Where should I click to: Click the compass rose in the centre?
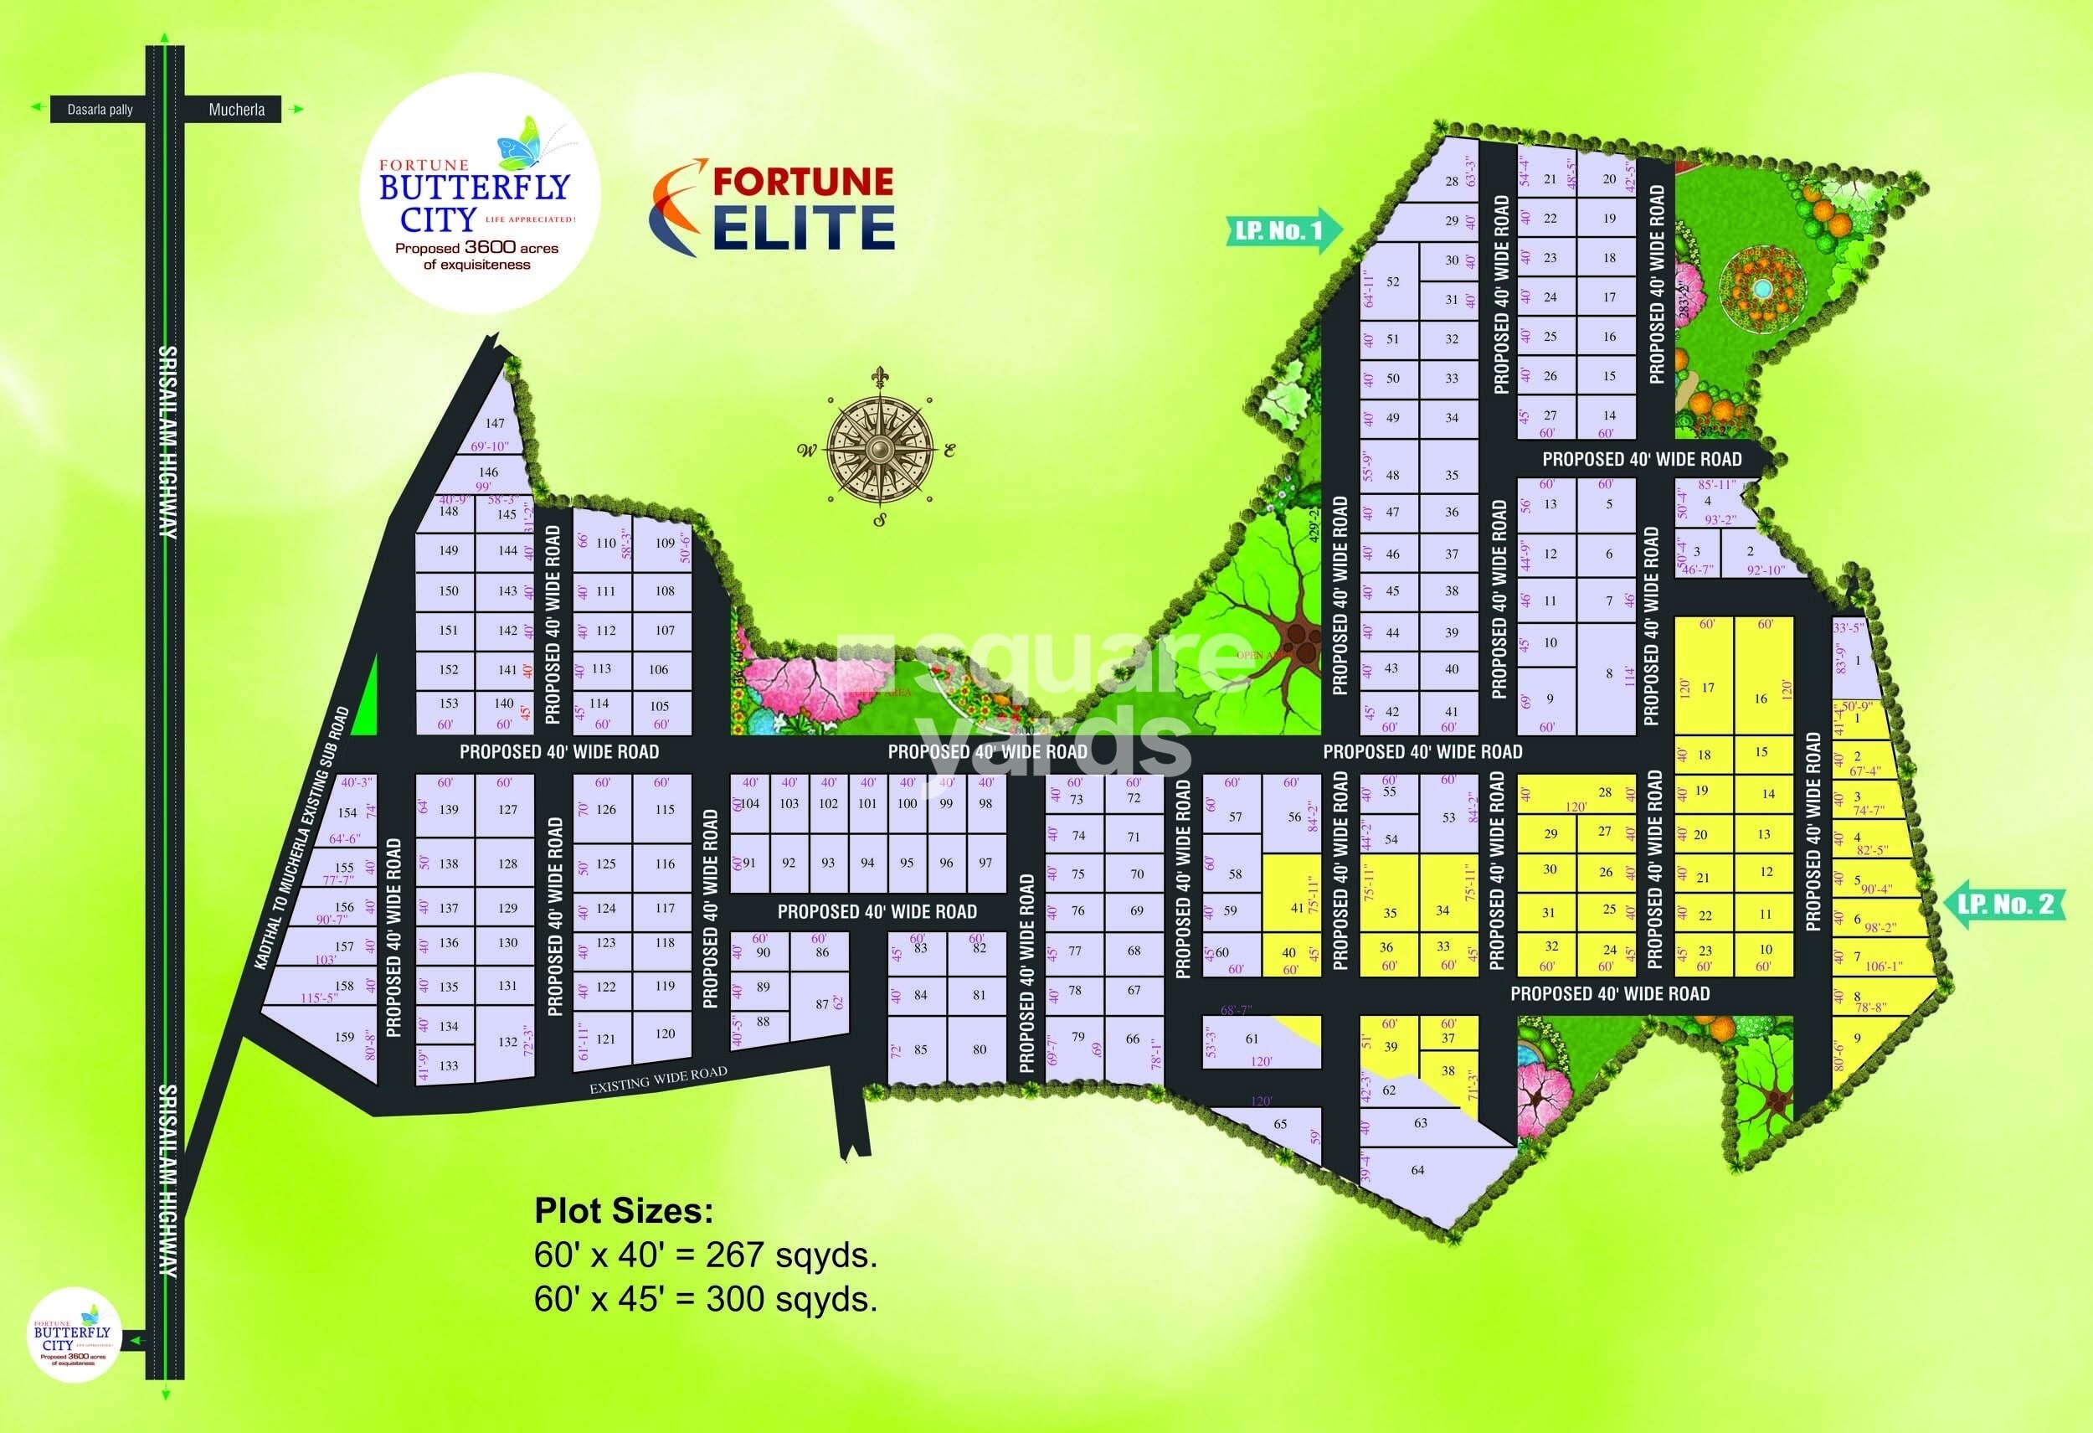point(879,446)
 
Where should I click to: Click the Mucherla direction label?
point(236,110)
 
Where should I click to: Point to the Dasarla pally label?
point(100,110)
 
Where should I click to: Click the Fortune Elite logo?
point(773,207)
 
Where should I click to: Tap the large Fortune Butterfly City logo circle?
point(478,193)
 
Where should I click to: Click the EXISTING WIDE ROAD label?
point(657,1080)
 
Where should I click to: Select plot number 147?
point(495,422)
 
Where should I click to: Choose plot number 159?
point(345,1037)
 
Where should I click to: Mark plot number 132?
point(507,1041)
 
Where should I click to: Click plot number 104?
point(749,803)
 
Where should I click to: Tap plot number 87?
point(821,1003)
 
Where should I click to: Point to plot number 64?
point(1417,1170)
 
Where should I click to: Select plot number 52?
point(1392,282)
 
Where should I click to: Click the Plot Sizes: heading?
point(623,1210)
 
